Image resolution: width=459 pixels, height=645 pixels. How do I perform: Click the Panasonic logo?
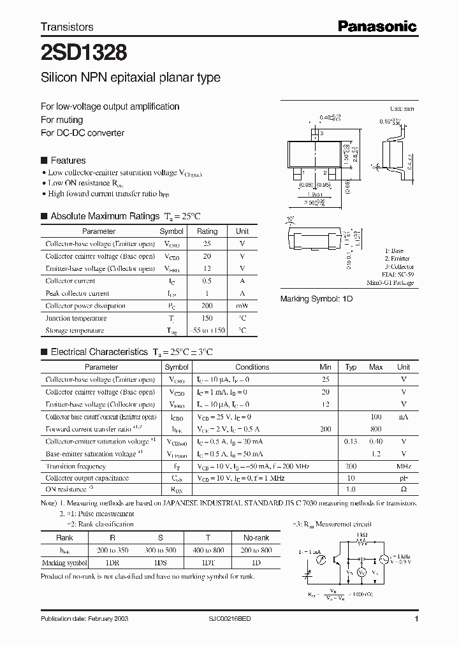(x=377, y=27)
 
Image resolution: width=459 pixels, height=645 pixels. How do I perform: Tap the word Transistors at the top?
(x=67, y=27)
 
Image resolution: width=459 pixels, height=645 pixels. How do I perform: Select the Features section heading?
(x=68, y=161)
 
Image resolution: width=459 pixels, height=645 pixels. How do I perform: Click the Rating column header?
(x=207, y=231)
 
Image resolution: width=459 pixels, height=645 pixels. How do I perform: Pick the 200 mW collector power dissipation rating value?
(x=207, y=305)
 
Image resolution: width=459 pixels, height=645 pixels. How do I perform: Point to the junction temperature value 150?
(x=207, y=318)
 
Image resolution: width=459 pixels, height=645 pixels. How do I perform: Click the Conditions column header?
(x=252, y=367)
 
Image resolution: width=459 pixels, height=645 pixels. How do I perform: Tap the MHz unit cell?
(x=404, y=466)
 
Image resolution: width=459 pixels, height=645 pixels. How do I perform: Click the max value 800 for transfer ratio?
(x=376, y=429)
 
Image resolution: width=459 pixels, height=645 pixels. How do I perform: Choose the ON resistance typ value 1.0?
(x=351, y=489)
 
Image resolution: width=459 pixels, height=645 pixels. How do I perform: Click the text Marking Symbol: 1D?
(x=317, y=299)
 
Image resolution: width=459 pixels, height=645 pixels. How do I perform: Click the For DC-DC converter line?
(x=82, y=133)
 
